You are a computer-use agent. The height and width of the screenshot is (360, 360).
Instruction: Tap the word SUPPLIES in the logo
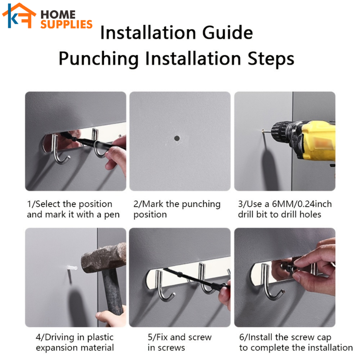click(x=66, y=24)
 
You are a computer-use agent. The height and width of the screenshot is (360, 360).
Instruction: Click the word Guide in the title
click(x=227, y=33)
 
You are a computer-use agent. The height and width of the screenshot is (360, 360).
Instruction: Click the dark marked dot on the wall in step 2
click(x=177, y=138)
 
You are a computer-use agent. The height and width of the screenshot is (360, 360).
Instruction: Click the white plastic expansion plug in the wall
click(x=72, y=268)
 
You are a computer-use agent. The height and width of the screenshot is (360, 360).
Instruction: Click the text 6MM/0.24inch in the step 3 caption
click(x=302, y=204)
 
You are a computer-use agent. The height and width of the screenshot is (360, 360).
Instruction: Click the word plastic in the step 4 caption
click(x=100, y=337)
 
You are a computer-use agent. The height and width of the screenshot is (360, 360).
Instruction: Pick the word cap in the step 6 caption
click(x=324, y=338)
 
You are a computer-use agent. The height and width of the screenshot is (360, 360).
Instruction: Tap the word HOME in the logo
click(x=58, y=15)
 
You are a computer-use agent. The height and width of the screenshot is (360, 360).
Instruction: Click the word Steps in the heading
click(x=271, y=59)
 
